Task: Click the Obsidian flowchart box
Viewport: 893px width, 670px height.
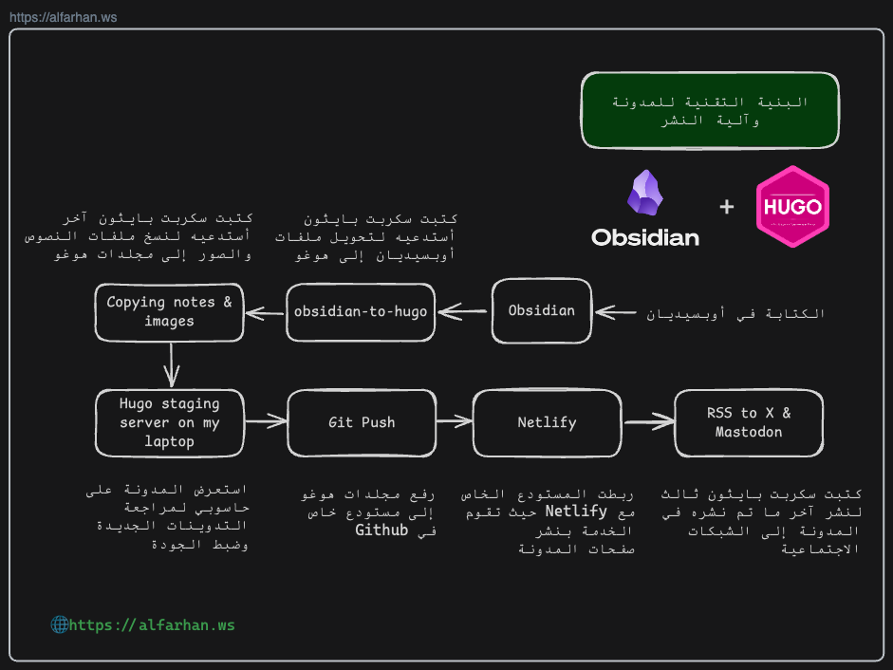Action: click(541, 311)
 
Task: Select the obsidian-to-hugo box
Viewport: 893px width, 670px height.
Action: click(361, 311)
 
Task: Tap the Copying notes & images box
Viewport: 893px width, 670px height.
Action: click(169, 312)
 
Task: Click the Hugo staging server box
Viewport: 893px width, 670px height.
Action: click(170, 423)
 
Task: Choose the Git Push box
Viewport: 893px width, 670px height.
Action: click(362, 422)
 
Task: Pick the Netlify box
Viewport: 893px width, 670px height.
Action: click(547, 422)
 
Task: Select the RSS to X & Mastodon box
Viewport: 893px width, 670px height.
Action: click(749, 422)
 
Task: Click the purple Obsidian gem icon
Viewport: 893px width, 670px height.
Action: click(645, 194)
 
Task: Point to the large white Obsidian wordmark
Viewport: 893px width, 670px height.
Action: click(645, 237)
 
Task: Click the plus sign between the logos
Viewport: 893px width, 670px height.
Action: click(727, 206)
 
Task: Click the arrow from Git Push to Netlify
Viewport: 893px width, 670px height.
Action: click(454, 420)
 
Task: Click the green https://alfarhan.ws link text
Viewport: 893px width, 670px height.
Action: click(152, 625)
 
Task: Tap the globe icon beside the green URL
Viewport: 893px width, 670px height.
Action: click(59, 624)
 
